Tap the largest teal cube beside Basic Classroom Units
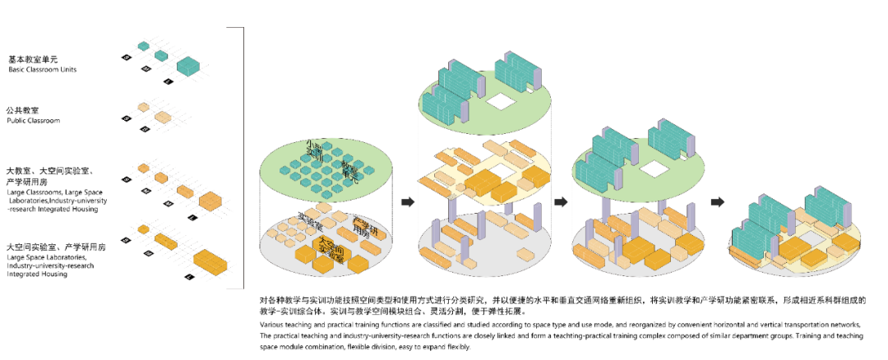[x=188, y=65]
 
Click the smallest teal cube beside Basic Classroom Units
[x=143, y=46]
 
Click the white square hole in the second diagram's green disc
[x=499, y=103]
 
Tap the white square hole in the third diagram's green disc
[x=655, y=169]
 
